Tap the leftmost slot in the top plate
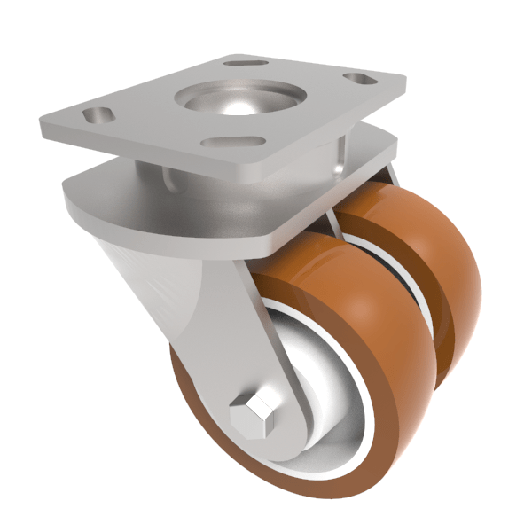(x=96, y=115)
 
